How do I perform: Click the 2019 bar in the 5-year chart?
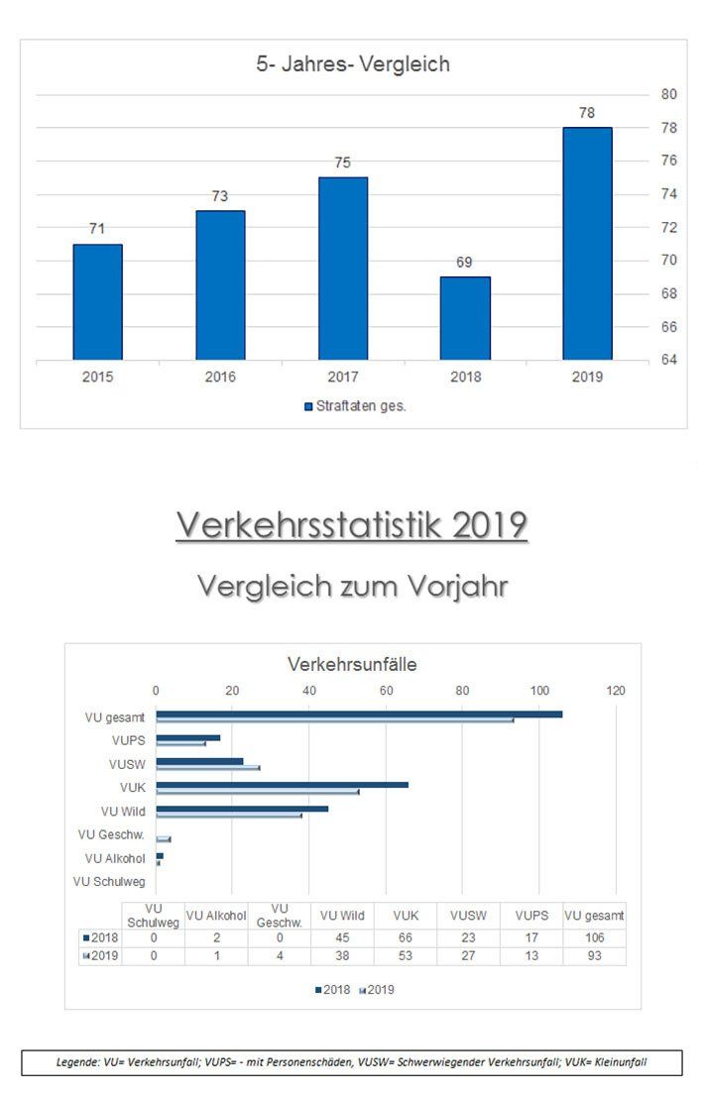click(x=587, y=243)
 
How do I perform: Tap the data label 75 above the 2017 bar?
click(x=342, y=163)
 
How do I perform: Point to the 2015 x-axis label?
click(x=97, y=377)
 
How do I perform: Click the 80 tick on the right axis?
click(x=668, y=94)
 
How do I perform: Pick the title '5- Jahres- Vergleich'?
click(x=352, y=64)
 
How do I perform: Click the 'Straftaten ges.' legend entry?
click(x=355, y=406)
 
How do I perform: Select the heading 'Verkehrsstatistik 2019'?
click(x=351, y=525)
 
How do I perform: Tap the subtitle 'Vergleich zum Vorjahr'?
click(x=352, y=586)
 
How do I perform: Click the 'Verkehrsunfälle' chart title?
click(x=352, y=664)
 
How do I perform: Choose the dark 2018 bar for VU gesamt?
click(x=358, y=713)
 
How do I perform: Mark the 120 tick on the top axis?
click(x=616, y=691)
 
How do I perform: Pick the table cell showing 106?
click(x=594, y=938)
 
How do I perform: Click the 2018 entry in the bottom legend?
click(x=333, y=989)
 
